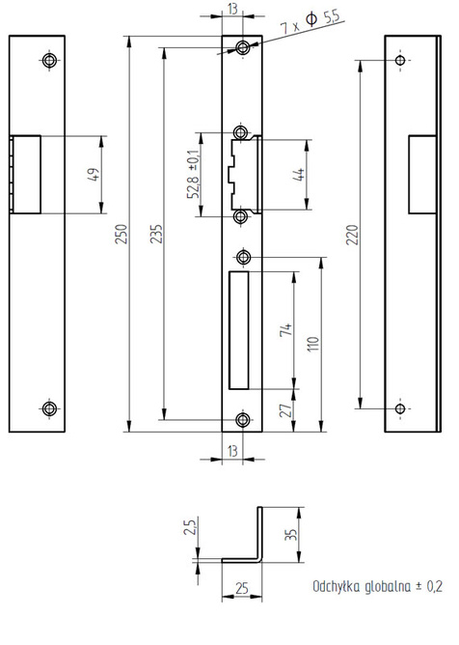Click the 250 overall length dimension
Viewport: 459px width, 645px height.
[x=121, y=234]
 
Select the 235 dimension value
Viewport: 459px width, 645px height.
[x=156, y=234]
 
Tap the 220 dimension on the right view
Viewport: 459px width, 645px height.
[x=353, y=235]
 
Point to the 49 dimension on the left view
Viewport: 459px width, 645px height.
[x=94, y=175]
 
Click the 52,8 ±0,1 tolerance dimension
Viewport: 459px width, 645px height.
[x=194, y=174]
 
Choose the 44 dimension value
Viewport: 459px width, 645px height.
[x=300, y=175]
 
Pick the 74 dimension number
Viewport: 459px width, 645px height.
[x=286, y=330]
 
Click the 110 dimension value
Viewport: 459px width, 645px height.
[x=313, y=344]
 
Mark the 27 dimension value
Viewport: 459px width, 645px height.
[x=286, y=410]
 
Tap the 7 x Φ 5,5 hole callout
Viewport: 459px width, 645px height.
[x=310, y=22]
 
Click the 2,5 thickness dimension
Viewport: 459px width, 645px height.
[x=190, y=526]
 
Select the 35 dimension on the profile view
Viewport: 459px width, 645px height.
[x=290, y=534]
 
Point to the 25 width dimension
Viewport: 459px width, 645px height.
[x=242, y=588]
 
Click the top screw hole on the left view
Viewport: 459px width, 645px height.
[x=49, y=61]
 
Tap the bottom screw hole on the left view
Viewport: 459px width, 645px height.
[x=49, y=408]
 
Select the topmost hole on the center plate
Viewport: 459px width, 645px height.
[x=243, y=47]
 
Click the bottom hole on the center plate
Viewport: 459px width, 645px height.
[x=243, y=420]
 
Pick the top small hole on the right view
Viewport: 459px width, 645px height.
[x=400, y=61]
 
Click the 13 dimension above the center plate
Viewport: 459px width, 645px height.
[x=232, y=9]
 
